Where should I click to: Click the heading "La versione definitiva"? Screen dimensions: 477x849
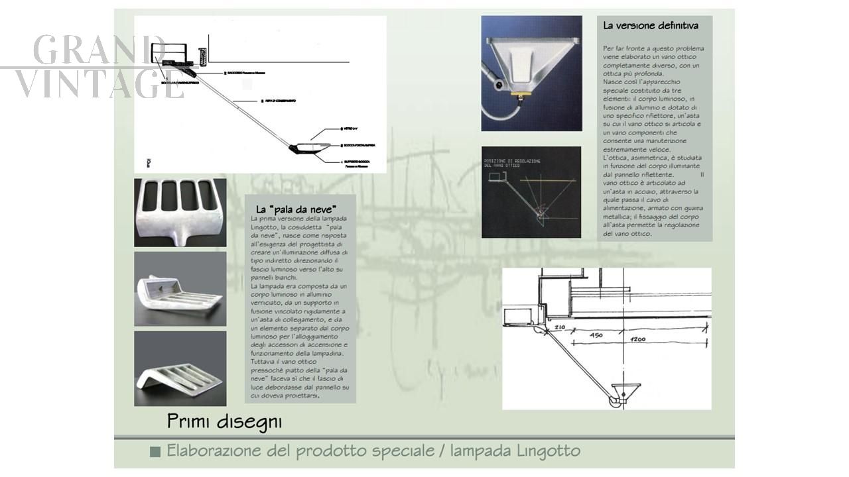[650, 26]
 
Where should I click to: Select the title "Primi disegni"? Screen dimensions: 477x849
[224, 421]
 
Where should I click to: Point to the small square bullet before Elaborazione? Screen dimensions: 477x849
[155, 452]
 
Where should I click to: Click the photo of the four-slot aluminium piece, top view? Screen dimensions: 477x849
[180, 212]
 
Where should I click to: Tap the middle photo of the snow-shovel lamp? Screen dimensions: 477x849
[180, 289]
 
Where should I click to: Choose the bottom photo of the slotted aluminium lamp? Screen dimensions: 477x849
[180, 368]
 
